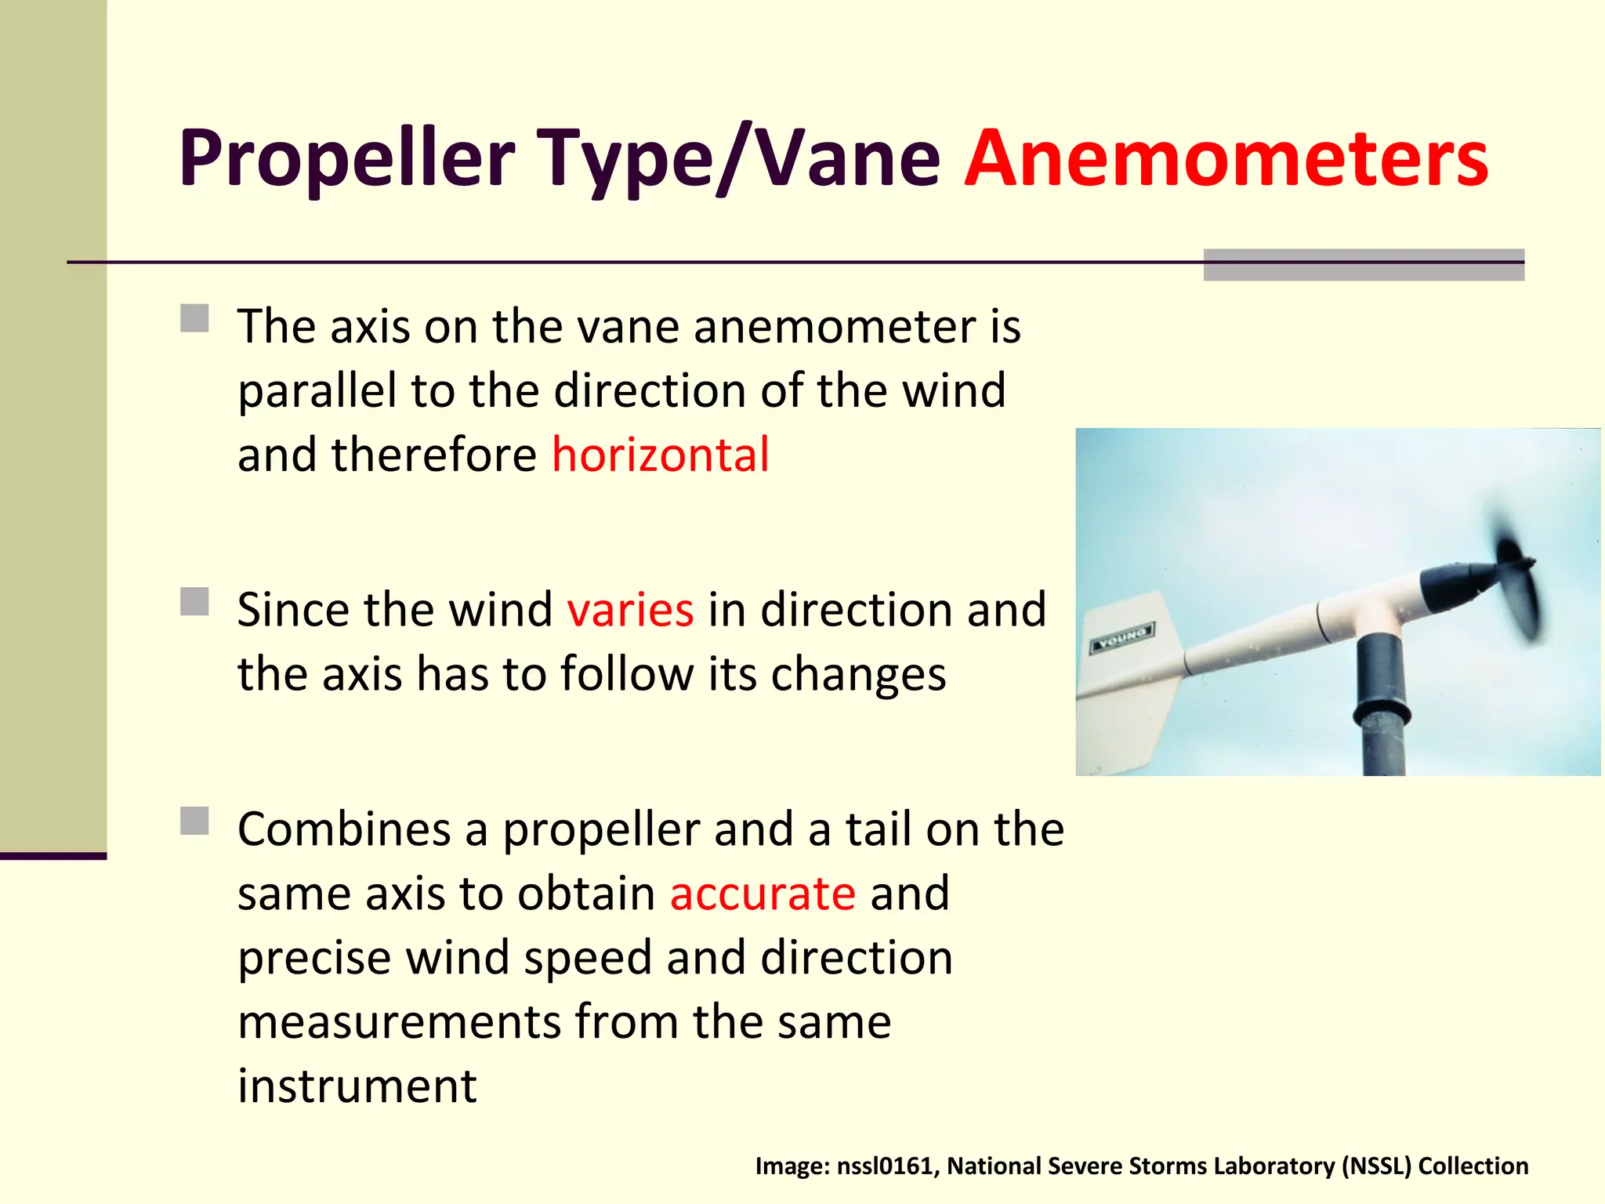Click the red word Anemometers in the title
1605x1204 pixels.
point(1226,158)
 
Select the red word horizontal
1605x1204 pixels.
point(661,455)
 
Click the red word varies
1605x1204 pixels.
point(630,610)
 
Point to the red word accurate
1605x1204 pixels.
point(763,894)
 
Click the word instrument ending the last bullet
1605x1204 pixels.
point(357,1086)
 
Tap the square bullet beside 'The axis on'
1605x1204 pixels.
point(194,319)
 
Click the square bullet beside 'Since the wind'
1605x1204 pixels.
point(194,602)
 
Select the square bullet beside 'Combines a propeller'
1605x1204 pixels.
point(194,821)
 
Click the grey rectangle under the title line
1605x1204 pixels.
point(1364,265)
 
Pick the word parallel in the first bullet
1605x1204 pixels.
point(317,392)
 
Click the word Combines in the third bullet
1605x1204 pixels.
point(345,829)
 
